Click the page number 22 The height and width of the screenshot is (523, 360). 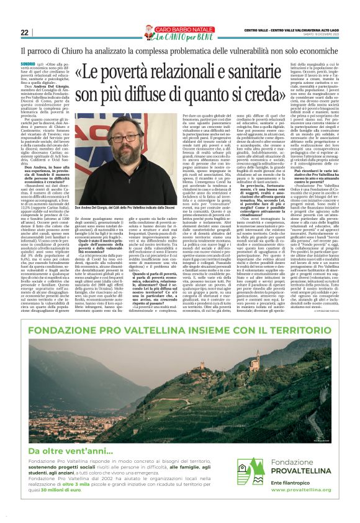[24, 32]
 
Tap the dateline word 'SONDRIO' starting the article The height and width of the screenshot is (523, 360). [27, 64]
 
